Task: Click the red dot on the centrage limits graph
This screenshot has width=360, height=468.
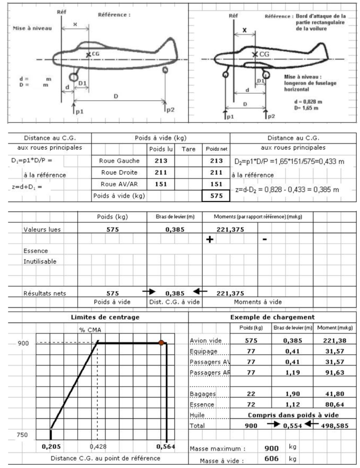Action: [x=161, y=342]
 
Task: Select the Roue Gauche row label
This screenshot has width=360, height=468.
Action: [x=115, y=160]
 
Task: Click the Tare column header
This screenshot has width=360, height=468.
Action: [x=188, y=149]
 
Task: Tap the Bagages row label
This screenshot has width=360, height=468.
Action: [x=203, y=394]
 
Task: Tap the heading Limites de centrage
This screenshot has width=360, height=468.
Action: [x=99, y=317]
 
